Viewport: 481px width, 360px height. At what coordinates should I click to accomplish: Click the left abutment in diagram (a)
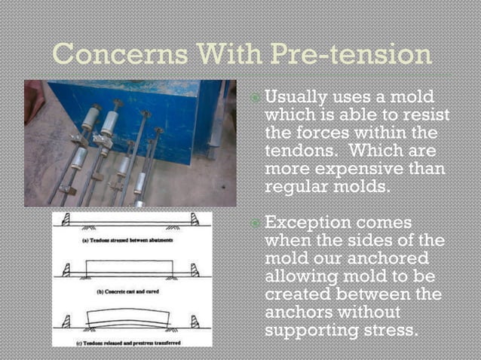[x=66, y=221]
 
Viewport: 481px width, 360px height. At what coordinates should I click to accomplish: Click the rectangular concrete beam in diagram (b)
[x=130, y=268]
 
